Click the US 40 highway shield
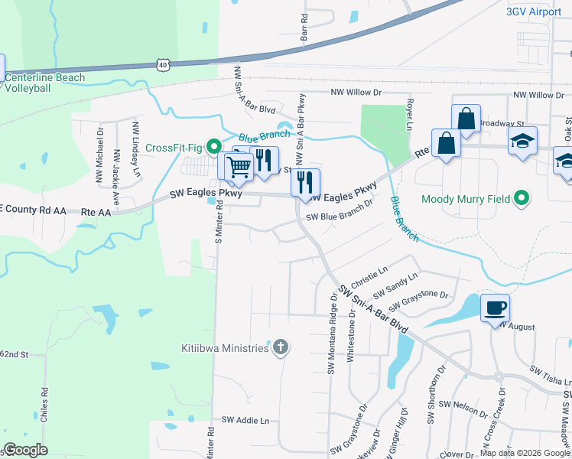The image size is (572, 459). [163, 66]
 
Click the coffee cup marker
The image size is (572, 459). [495, 308]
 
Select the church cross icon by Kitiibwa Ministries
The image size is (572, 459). [281, 348]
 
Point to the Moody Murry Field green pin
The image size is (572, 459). [522, 199]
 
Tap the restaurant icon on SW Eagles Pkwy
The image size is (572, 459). [305, 182]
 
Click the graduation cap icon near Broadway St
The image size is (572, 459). [523, 141]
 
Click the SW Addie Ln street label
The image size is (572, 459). [245, 420]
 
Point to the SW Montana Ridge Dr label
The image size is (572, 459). [333, 334]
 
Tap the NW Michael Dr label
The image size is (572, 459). [100, 156]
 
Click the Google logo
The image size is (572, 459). [26, 450]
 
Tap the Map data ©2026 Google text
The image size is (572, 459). [525, 453]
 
